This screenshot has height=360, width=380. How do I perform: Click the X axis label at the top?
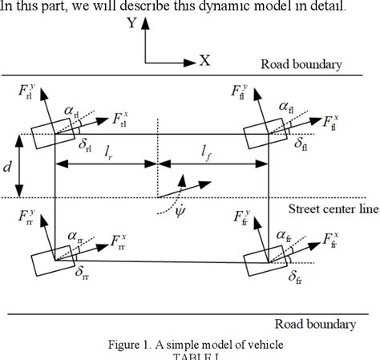pos(204,60)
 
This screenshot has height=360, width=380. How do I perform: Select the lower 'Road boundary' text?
pos(314,324)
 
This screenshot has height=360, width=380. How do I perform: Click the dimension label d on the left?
pos(8,167)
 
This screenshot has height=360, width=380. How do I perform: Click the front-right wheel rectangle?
pos(267,259)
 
